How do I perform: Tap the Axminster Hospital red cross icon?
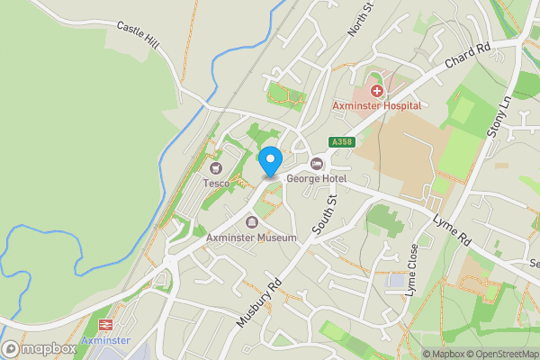click(376, 90)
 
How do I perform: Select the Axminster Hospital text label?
click(376, 105)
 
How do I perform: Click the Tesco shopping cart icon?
click(216, 168)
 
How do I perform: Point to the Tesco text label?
click(216, 184)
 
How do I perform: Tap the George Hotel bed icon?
click(317, 164)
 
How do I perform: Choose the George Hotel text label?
click(316, 178)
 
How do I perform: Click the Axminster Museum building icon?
click(251, 222)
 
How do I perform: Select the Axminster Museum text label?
click(251, 238)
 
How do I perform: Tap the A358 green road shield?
click(341, 142)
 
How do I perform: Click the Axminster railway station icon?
click(105, 325)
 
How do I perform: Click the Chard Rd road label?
click(466, 56)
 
